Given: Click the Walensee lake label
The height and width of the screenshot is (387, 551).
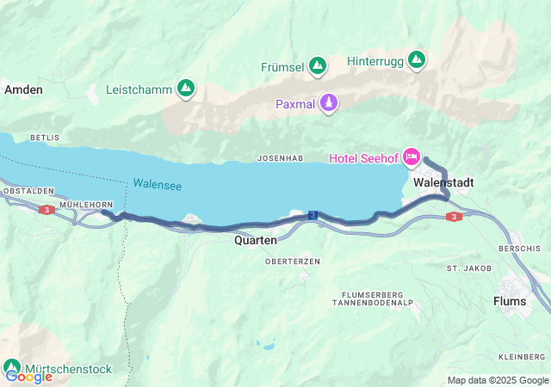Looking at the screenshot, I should [x=157, y=185].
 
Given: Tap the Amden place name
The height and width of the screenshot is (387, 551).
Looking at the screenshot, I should [x=23, y=89].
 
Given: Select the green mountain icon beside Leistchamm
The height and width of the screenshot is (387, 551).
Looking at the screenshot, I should [x=185, y=88].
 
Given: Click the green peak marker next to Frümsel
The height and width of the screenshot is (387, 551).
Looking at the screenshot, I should [x=318, y=65].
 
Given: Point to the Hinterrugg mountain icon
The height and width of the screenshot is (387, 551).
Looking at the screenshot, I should [x=417, y=60].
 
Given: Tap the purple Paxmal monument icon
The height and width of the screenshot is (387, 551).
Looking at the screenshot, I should [x=328, y=104].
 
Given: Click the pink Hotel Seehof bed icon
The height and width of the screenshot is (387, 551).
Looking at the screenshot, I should [x=412, y=157].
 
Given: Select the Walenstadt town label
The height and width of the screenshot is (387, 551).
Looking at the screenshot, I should [x=443, y=183].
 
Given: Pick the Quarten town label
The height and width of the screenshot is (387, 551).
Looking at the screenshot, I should [x=256, y=241].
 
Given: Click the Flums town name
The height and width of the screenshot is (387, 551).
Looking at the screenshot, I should [x=509, y=301].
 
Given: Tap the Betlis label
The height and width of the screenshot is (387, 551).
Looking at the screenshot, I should [x=45, y=138].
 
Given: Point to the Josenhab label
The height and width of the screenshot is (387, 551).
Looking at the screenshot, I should [x=280, y=158].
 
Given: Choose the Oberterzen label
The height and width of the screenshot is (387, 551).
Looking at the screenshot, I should [x=293, y=261].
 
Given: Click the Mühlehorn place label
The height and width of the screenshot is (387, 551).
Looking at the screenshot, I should [x=88, y=204].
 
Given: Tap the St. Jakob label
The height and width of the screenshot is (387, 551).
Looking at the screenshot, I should [x=468, y=268].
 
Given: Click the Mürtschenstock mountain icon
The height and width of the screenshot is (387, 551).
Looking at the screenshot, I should [x=12, y=367].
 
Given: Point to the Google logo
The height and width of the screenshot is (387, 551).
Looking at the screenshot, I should [x=29, y=376].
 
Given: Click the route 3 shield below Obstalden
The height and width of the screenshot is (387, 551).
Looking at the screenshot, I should [x=46, y=209].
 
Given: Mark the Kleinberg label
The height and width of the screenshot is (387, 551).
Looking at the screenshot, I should [x=522, y=356].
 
